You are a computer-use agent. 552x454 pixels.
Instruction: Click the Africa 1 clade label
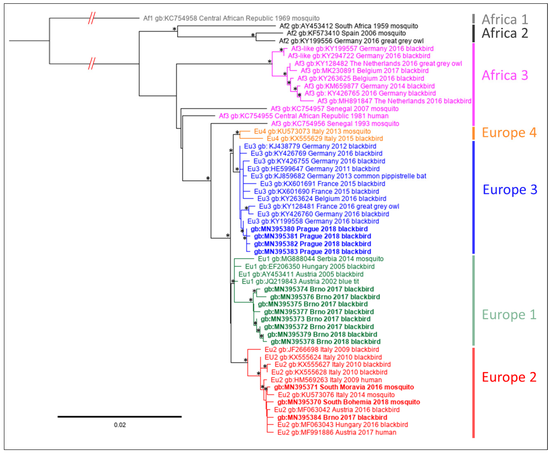point(505,19)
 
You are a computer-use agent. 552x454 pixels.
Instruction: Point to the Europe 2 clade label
point(509,377)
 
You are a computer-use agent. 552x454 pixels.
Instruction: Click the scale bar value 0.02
point(120,425)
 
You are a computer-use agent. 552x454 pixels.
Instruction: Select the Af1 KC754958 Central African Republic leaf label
point(231,18)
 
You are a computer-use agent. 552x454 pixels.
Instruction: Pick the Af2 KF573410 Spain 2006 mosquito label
point(346,33)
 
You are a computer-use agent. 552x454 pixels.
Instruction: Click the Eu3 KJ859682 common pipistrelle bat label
point(338,176)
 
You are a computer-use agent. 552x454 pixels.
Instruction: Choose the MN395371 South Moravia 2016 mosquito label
point(344,387)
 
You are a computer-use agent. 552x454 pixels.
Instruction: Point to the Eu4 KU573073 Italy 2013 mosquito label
point(312,131)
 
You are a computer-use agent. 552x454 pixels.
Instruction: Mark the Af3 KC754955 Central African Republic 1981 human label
point(304,116)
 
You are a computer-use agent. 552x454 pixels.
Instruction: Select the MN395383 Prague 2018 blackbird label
point(312,252)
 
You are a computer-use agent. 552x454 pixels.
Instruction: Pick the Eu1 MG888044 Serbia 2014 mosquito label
point(321,259)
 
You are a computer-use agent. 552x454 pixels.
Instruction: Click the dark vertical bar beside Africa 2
point(473,33)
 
